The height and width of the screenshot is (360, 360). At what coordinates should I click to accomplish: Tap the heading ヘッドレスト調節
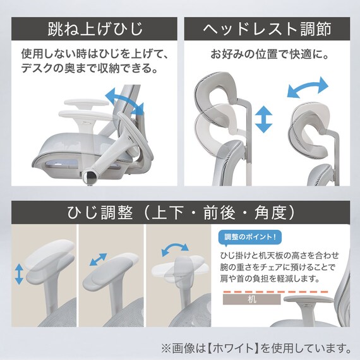(267, 29)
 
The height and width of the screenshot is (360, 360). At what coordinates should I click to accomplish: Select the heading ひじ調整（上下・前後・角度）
(181, 212)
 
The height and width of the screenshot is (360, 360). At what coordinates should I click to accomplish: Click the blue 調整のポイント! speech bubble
(250, 237)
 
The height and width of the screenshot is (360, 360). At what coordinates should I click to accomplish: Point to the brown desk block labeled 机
(251, 299)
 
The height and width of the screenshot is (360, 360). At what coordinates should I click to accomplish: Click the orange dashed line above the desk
(275, 292)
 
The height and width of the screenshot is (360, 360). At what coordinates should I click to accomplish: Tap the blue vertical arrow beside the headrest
(263, 119)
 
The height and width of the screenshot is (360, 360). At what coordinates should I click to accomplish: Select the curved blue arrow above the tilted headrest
(308, 88)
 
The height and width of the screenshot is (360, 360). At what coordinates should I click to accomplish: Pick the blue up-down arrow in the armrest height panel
(19, 274)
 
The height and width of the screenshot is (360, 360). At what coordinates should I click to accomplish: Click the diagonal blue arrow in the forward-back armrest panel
(98, 260)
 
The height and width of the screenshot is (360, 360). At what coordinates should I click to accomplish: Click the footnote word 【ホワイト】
(234, 348)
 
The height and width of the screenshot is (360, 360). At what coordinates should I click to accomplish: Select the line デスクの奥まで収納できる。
(90, 68)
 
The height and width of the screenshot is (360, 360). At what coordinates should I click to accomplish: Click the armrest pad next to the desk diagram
(308, 299)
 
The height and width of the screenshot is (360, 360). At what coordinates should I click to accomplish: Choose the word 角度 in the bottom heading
(270, 212)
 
